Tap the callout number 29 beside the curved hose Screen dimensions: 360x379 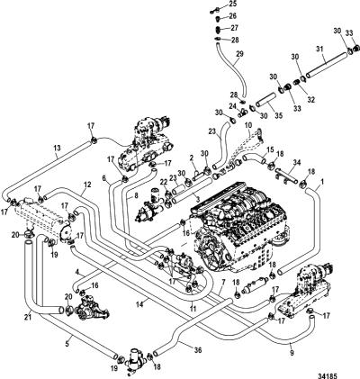(x=240, y=54)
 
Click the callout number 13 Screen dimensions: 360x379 (x=57, y=148)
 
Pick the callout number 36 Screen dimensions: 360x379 (x=198, y=350)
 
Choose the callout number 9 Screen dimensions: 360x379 (x=292, y=353)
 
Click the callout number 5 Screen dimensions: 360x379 (x=67, y=344)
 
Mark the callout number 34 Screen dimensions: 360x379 (x=297, y=163)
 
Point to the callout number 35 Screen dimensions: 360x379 (x=279, y=115)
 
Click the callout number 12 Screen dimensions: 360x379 (x=87, y=185)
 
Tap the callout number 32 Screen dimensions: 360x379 (x=311, y=100)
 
